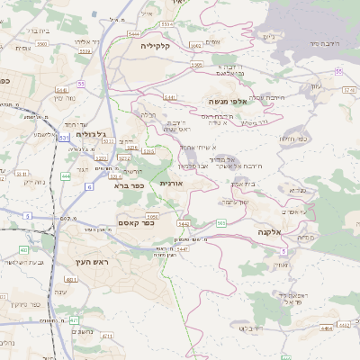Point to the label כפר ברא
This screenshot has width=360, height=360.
[x=130, y=186]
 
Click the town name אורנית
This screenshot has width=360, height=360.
[x=171, y=183]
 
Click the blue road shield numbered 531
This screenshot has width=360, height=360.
[x=63, y=138]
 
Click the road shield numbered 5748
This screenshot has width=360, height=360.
[x=349, y=90]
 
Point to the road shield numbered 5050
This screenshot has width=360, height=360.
[x=153, y=216]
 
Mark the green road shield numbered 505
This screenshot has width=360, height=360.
[x=221, y=222]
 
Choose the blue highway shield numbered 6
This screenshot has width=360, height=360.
[x=89, y=187]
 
